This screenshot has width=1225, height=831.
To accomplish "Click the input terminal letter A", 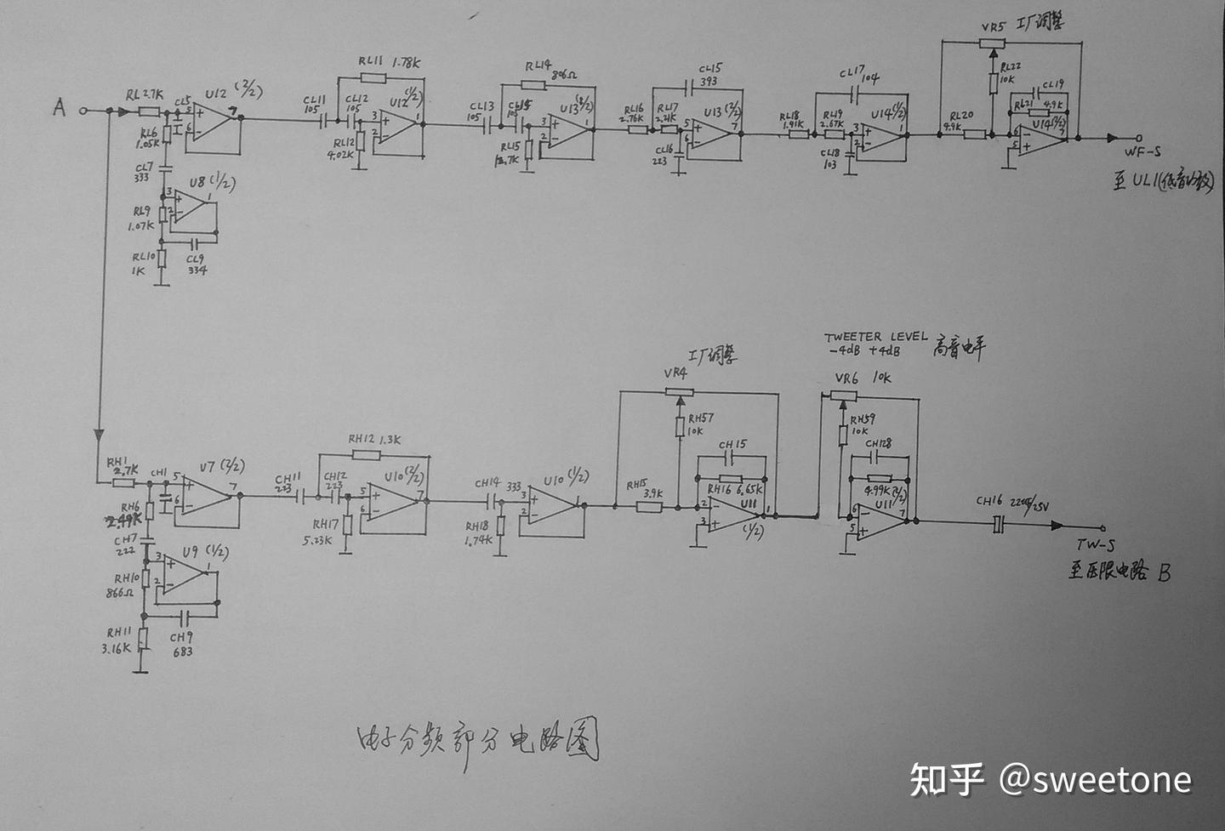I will [x=59, y=107].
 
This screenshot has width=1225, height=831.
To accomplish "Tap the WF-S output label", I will [x=1142, y=152].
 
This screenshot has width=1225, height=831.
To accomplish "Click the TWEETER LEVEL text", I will [x=875, y=337].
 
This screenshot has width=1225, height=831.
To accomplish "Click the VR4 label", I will [x=675, y=373].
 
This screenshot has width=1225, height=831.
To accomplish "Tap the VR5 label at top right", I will [x=993, y=26].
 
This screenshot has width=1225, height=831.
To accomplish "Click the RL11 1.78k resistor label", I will [x=389, y=62].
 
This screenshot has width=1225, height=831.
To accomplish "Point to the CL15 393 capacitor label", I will [x=709, y=75].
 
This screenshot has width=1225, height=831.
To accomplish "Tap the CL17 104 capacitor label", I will [x=858, y=76].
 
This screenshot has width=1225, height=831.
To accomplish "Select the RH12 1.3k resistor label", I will [x=374, y=440].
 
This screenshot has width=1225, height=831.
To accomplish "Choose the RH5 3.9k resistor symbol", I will [x=648, y=507].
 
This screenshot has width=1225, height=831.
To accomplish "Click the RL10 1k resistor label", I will [x=143, y=263].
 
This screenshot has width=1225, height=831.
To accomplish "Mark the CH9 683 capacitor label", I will [x=181, y=645].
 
